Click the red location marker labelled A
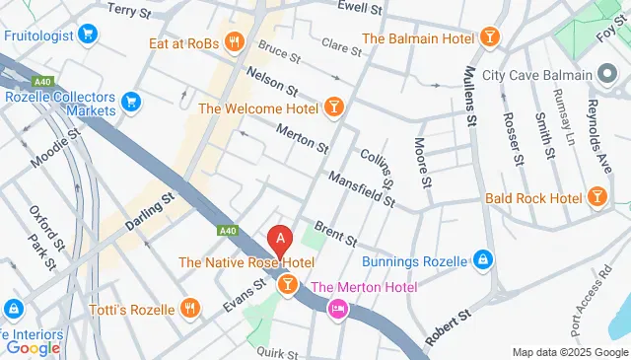click(x=281, y=239)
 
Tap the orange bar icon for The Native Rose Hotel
click(x=286, y=285)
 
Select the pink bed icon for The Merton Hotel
click(x=337, y=309)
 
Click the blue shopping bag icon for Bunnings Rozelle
click(x=482, y=260)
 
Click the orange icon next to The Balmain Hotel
click(x=490, y=38)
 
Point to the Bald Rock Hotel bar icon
click(x=596, y=198)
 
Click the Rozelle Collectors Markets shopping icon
click(x=131, y=100)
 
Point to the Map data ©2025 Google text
click(x=569, y=352)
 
